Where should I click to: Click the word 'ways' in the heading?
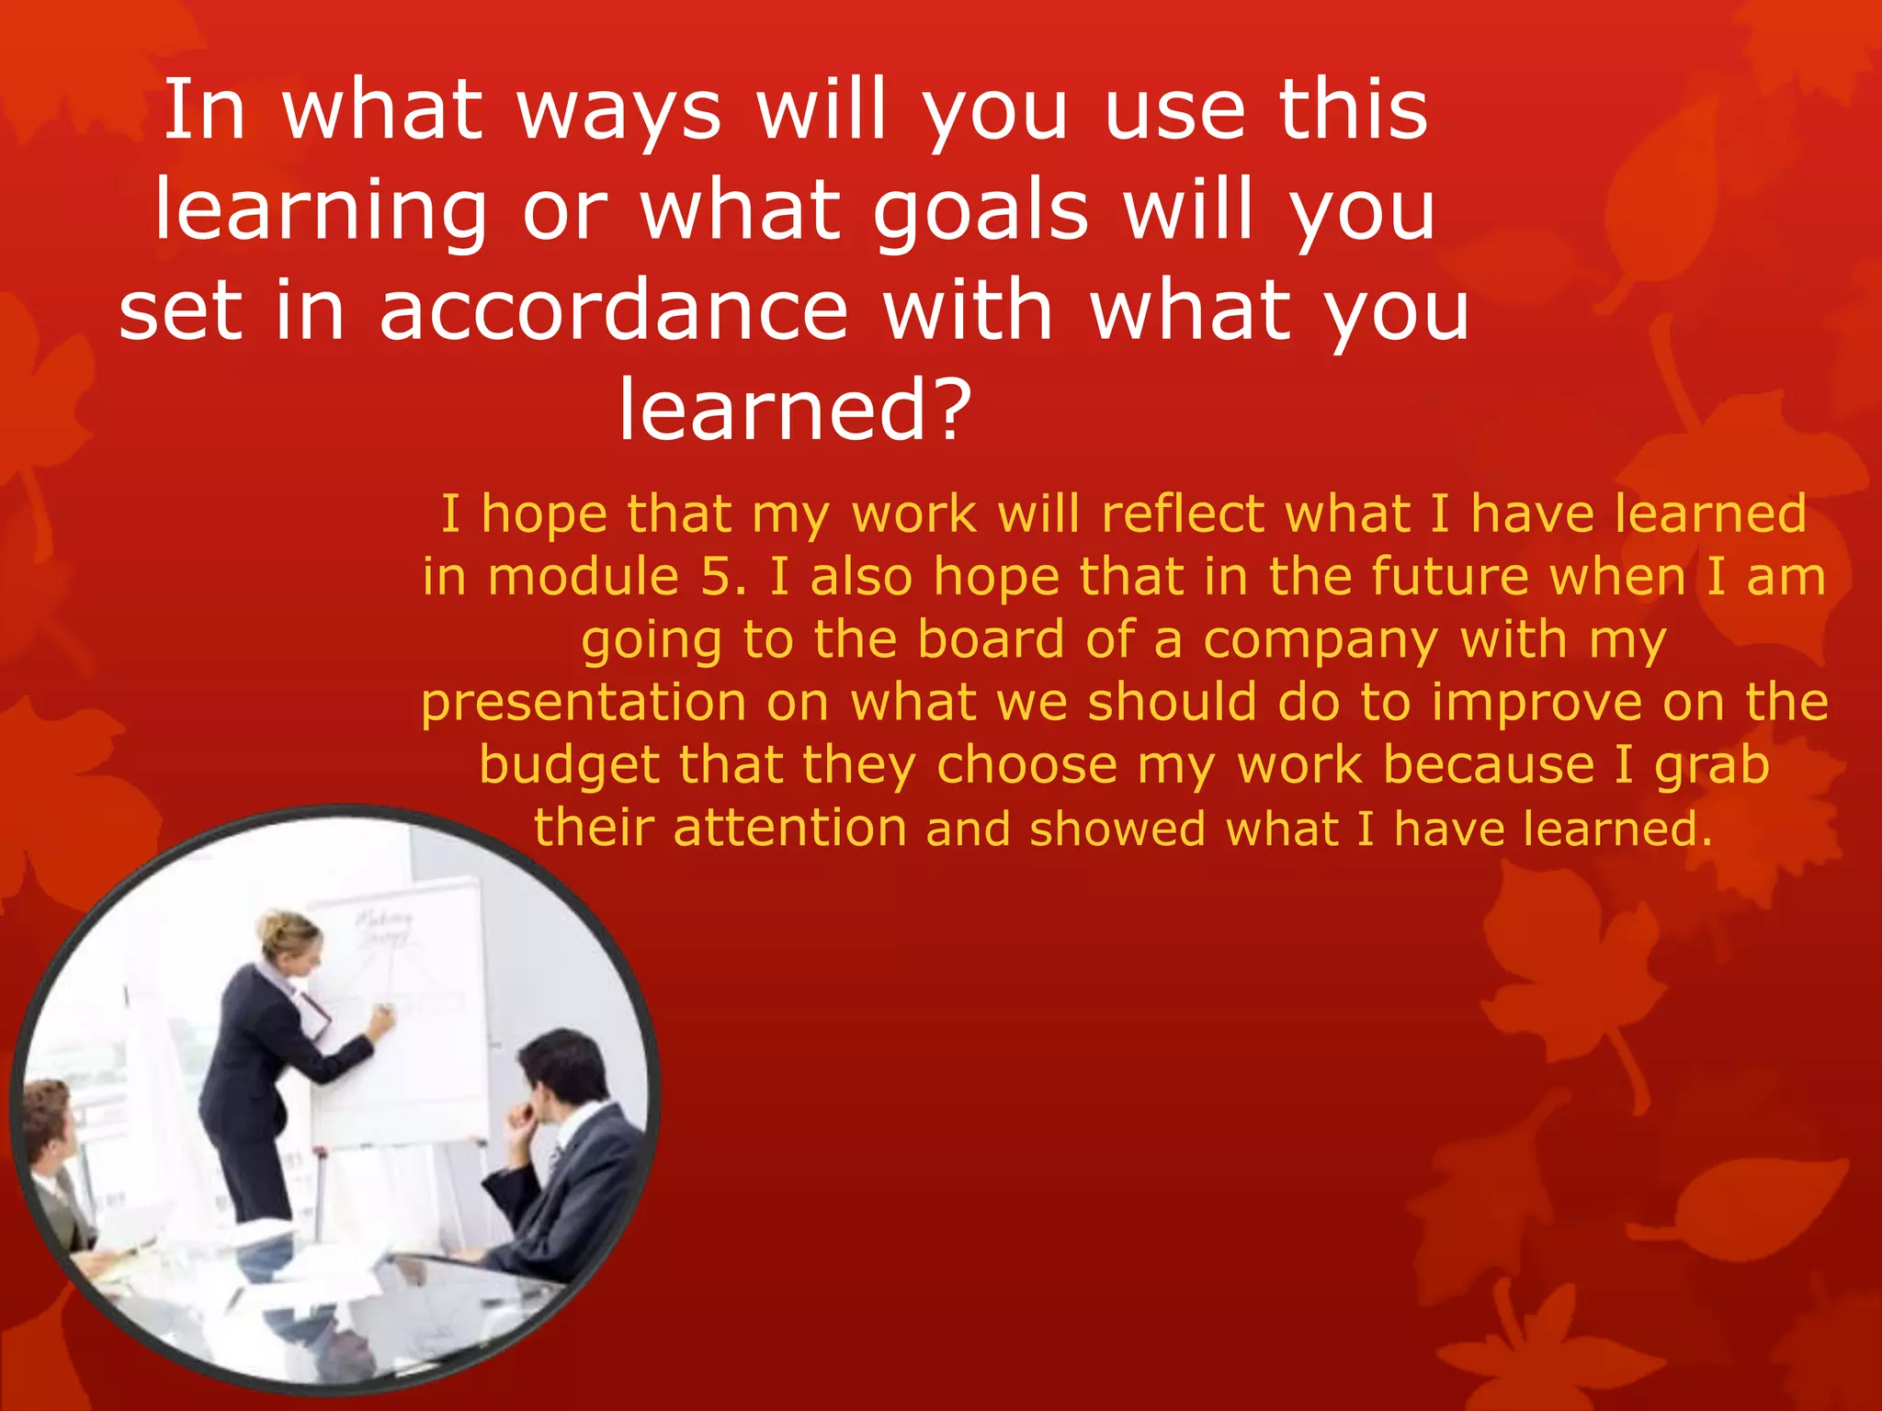618,112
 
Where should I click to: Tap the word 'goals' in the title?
981,212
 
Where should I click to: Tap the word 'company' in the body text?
1321,640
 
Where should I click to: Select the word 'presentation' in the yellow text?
584,703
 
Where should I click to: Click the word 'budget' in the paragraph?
569,765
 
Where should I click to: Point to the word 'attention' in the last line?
789,829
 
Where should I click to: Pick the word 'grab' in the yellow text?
1711,765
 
